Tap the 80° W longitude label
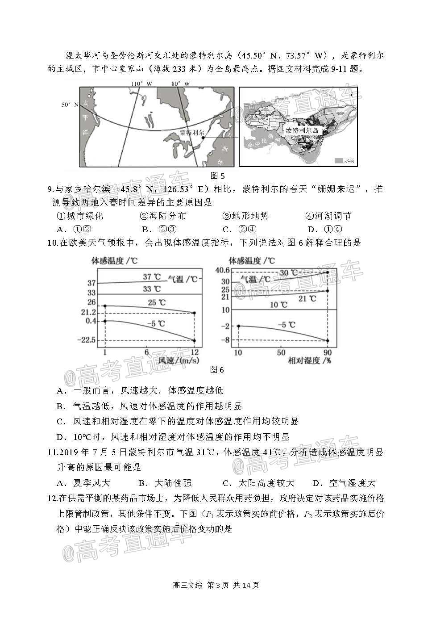(180, 84)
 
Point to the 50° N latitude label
(70, 104)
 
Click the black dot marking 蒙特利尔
(204, 138)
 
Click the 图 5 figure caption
(217, 175)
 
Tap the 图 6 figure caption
(217, 369)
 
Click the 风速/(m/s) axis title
(178, 360)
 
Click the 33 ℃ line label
(151, 289)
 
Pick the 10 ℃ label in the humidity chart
(279, 305)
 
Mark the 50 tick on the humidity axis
(281, 352)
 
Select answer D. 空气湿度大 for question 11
(344, 483)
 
